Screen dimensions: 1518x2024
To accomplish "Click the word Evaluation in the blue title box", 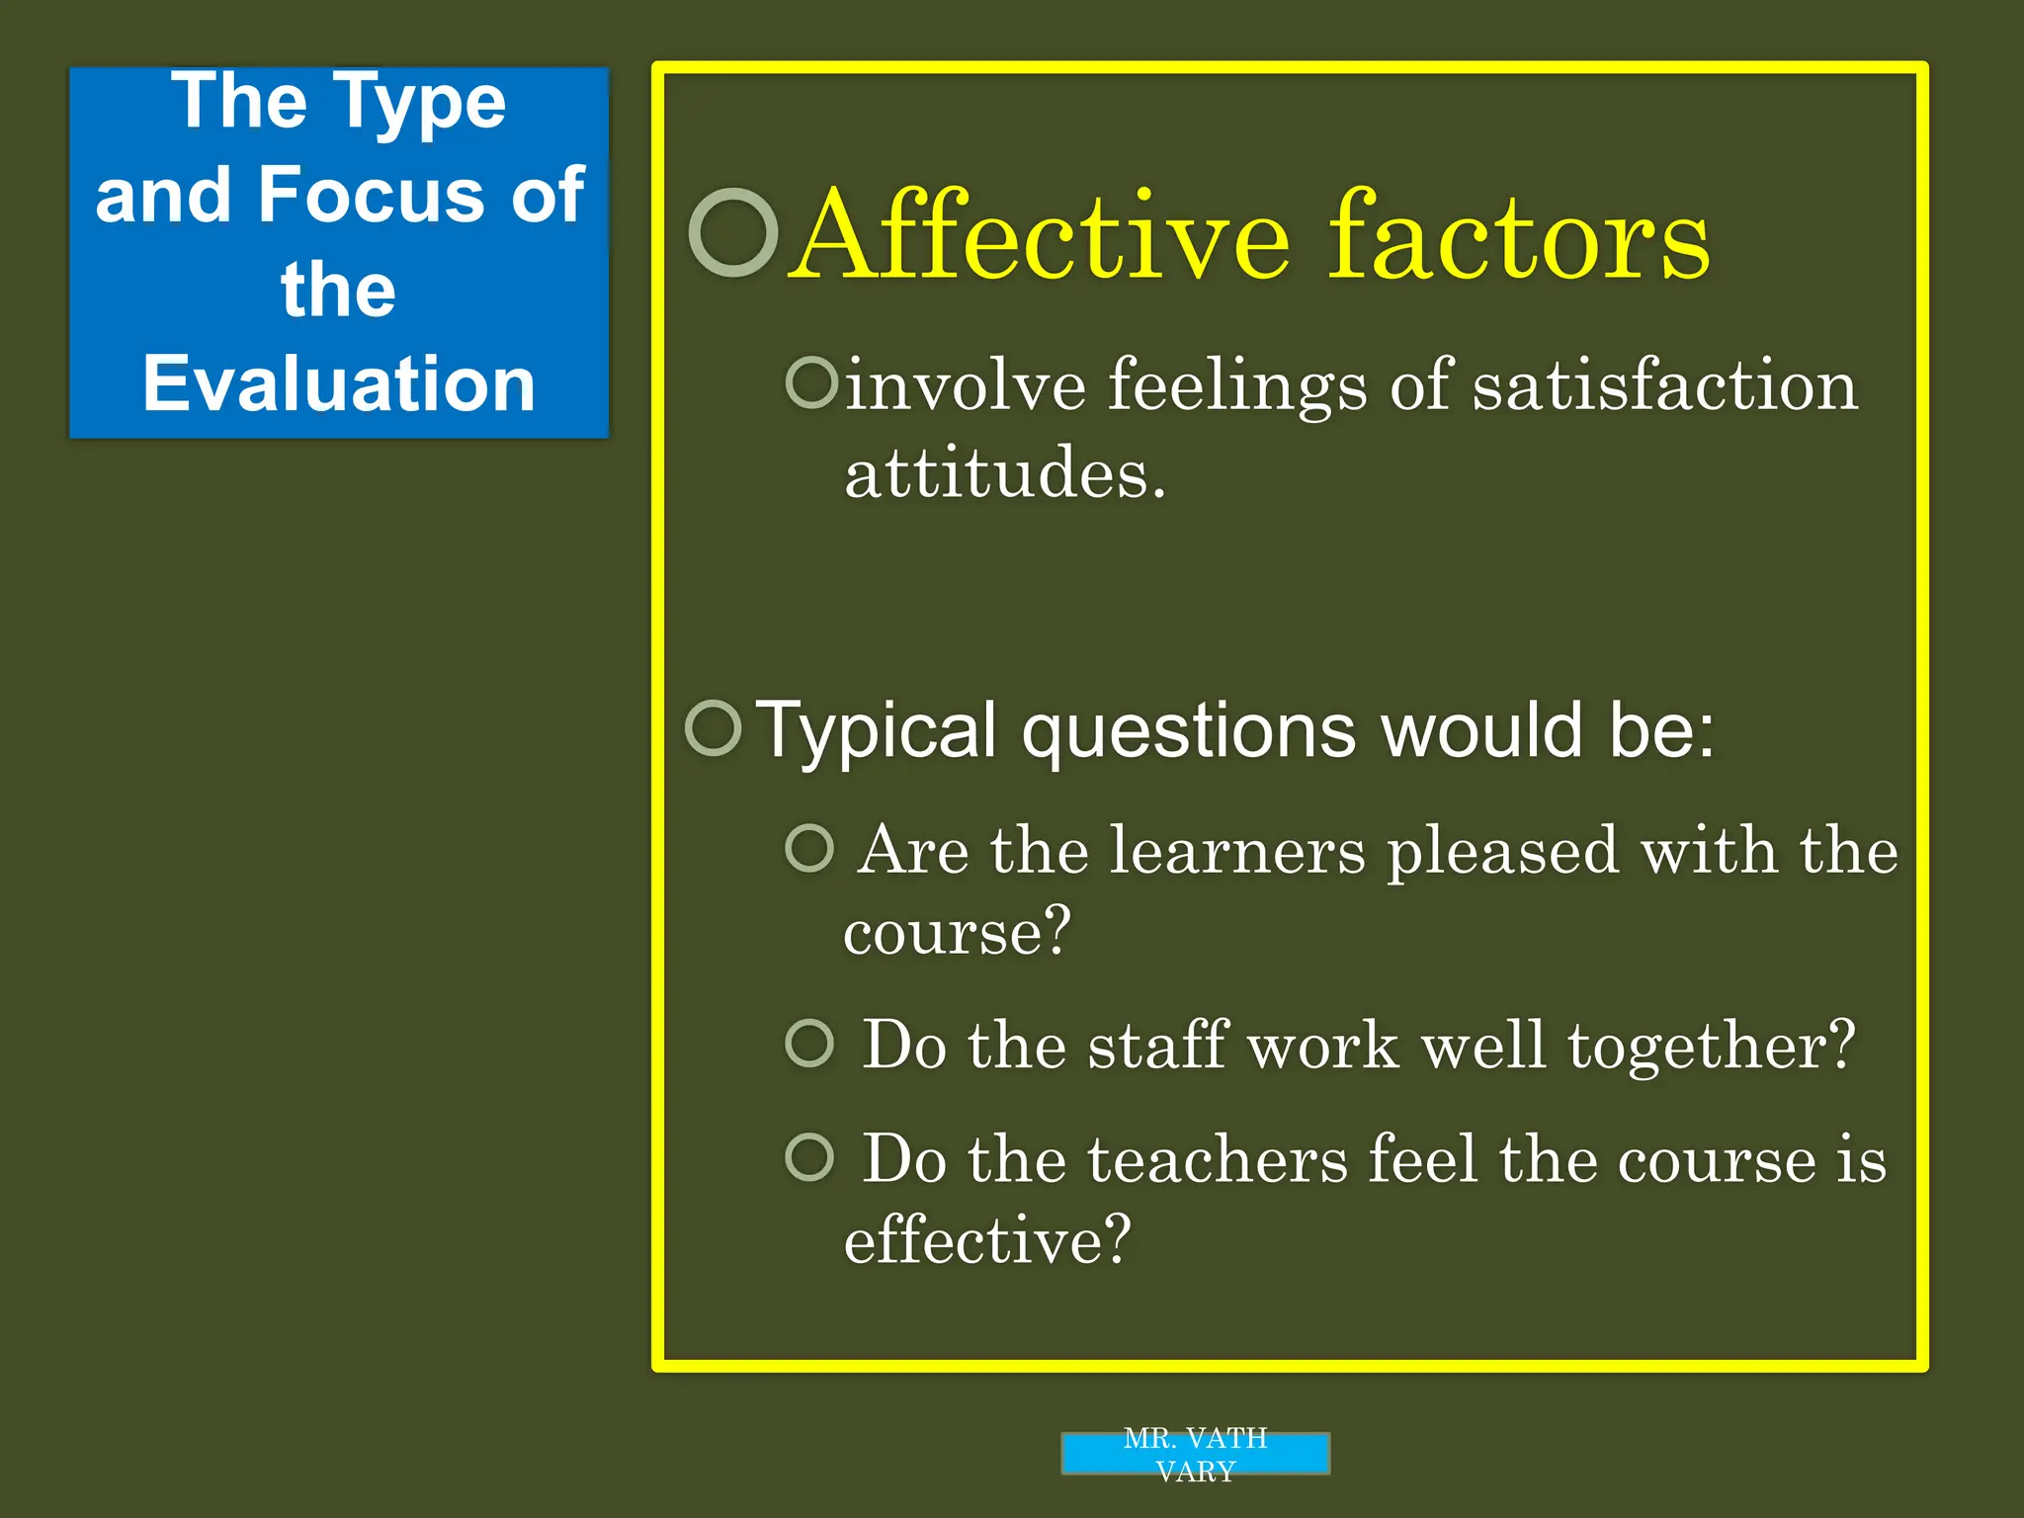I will (339, 383).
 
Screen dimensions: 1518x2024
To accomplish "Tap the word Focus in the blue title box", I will (372, 195).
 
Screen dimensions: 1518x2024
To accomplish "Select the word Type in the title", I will (419, 104).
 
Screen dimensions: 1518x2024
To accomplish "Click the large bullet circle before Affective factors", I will (733, 233).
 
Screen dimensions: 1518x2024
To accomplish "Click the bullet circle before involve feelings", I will (811, 382).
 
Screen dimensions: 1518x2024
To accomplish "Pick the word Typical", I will (876, 731).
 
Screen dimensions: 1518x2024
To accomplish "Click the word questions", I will (1189, 731).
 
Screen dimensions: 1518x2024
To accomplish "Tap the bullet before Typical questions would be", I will (713, 728).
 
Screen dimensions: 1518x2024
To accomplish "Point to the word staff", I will (1158, 1045).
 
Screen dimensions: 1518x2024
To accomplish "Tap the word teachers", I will (1218, 1159).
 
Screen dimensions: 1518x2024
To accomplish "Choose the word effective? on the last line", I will (987, 1239).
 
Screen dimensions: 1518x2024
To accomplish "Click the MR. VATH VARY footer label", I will (1195, 1454).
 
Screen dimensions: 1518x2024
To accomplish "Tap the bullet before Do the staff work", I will (810, 1044).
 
